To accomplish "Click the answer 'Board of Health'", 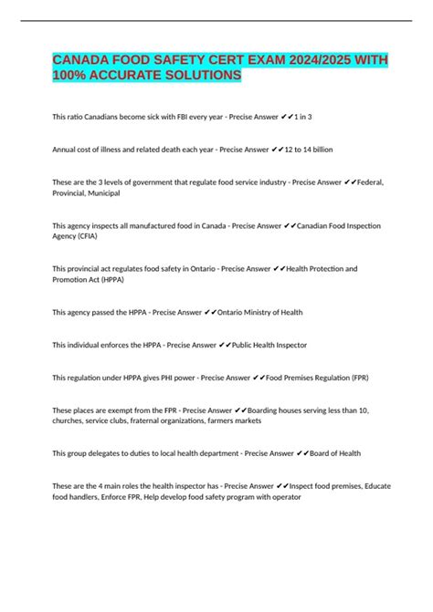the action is point(333,454).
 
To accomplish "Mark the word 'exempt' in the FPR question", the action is point(127,411).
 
